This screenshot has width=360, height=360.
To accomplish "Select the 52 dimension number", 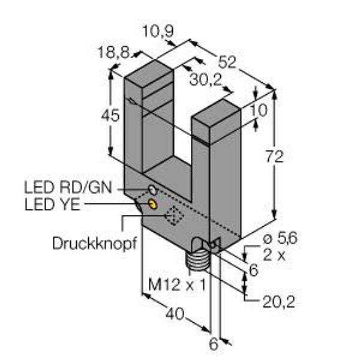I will [x=227, y=61].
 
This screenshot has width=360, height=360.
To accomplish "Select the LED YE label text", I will [x=53, y=204].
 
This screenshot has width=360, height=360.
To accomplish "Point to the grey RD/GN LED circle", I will [x=153, y=190].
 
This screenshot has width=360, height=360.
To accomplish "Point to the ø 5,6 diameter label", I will [x=277, y=239].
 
